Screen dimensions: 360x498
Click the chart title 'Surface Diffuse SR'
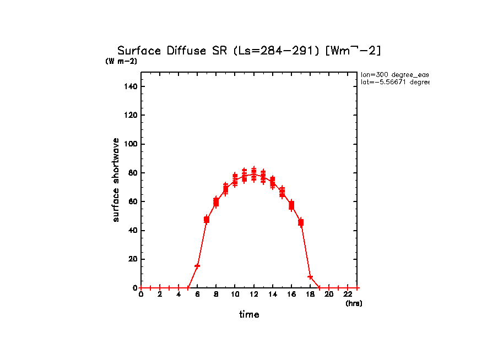pos(174,51)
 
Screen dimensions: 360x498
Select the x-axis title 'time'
pos(249,314)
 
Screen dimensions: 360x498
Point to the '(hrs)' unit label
pos(354,303)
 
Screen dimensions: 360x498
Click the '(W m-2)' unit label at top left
pos(121,61)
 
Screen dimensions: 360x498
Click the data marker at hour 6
pos(197,266)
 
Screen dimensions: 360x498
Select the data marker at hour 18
pos(310,277)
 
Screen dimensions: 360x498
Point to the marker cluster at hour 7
pos(207,220)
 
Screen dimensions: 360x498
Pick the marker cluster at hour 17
pos(301,222)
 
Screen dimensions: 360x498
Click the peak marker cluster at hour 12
pos(253,174)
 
